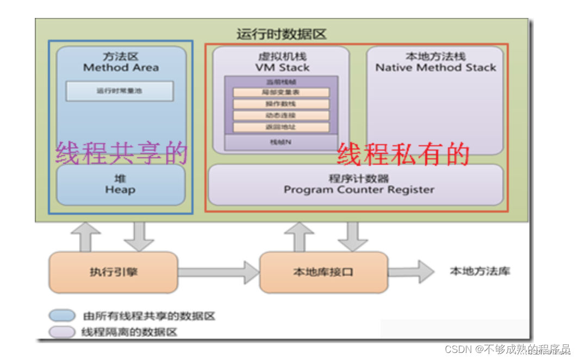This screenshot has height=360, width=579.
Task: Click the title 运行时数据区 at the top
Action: [282, 34]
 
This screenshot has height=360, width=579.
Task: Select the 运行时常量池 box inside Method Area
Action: [120, 91]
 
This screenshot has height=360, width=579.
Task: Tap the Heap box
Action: [120, 185]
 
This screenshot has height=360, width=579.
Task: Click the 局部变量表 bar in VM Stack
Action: [281, 92]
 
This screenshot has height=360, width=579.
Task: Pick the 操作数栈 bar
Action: [281, 104]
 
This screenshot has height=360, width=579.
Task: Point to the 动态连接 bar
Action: [281, 115]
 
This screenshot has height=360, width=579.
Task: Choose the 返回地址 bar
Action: [281, 127]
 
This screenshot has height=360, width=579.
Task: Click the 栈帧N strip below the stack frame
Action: [281, 141]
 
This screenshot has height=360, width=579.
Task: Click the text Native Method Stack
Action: [435, 67]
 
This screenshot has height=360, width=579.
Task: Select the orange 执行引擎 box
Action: [113, 272]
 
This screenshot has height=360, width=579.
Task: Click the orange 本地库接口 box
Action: [323, 272]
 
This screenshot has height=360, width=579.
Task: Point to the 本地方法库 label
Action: [480, 271]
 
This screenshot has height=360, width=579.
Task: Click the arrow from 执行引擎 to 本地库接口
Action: [218, 272]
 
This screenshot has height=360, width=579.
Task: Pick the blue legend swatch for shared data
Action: [61, 315]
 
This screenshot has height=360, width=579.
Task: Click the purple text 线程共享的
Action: [121, 153]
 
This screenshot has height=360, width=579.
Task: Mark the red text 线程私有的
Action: [403, 154]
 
